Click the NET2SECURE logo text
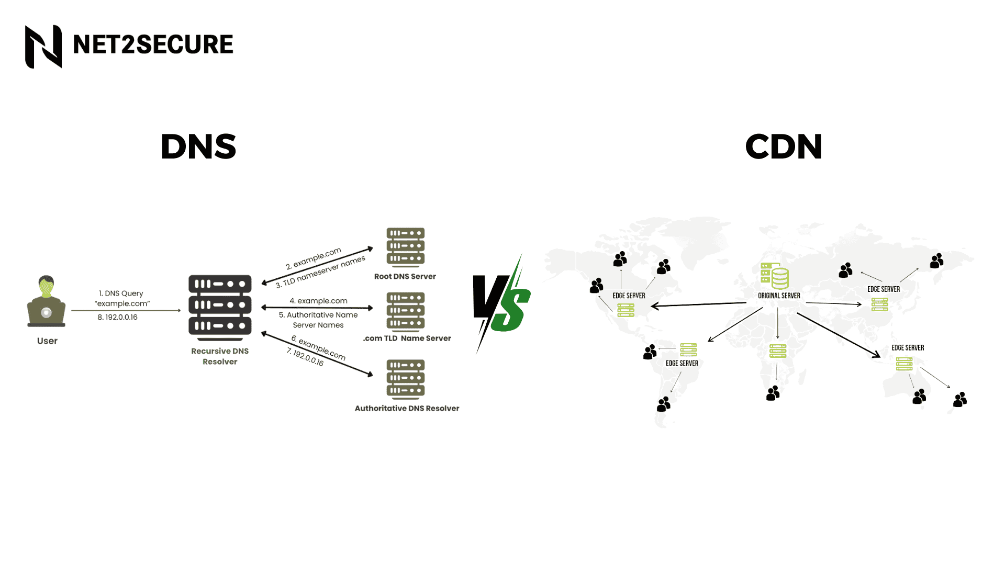[x=153, y=44]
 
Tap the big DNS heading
[x=198, y=146]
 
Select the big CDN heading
[x=784, y=146]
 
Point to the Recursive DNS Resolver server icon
[x=220, y=308]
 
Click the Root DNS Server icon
[x=406, y=247]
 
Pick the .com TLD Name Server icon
[x=406, y=312]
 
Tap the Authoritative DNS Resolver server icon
[x=406, y=379]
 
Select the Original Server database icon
[x=775, y=276]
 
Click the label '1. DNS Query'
[x=121, y=293]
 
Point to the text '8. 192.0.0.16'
[x=117, y=318]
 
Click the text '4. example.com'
[x=318, y=301]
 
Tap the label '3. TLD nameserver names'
[x=320, y=272]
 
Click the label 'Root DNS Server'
[x=405, y=277]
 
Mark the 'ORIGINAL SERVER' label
[x=779, y=296]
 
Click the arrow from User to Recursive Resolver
[x=126, y=310]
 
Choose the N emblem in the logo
[x=43, y=47]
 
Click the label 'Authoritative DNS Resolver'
[x=407, y=409]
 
